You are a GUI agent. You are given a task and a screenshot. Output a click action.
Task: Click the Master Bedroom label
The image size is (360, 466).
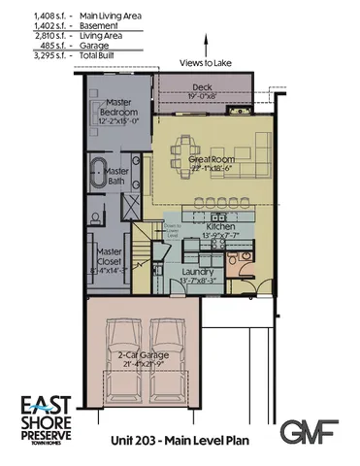117,108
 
